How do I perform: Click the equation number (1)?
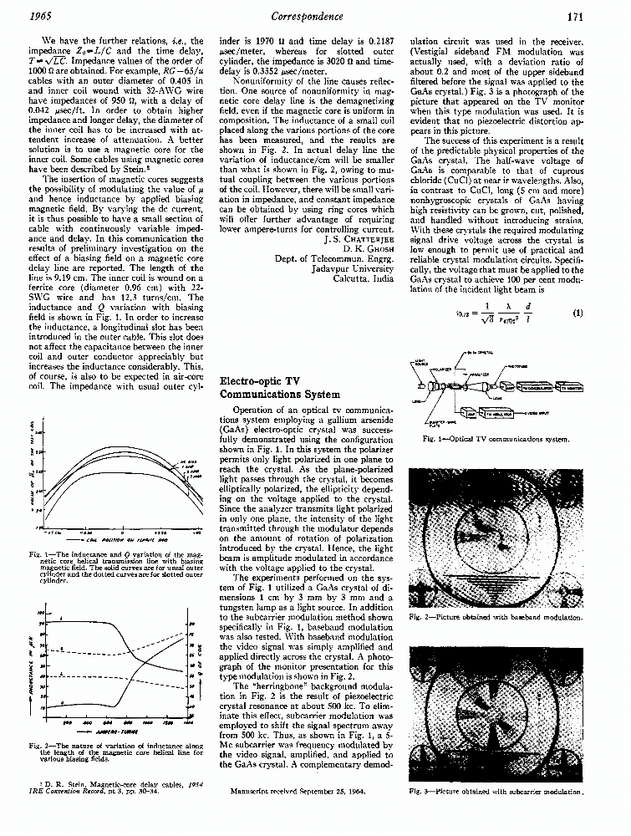tap(577, 314)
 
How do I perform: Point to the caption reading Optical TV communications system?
tap(499, 438)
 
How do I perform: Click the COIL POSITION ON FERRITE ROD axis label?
tap(120, 540)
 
